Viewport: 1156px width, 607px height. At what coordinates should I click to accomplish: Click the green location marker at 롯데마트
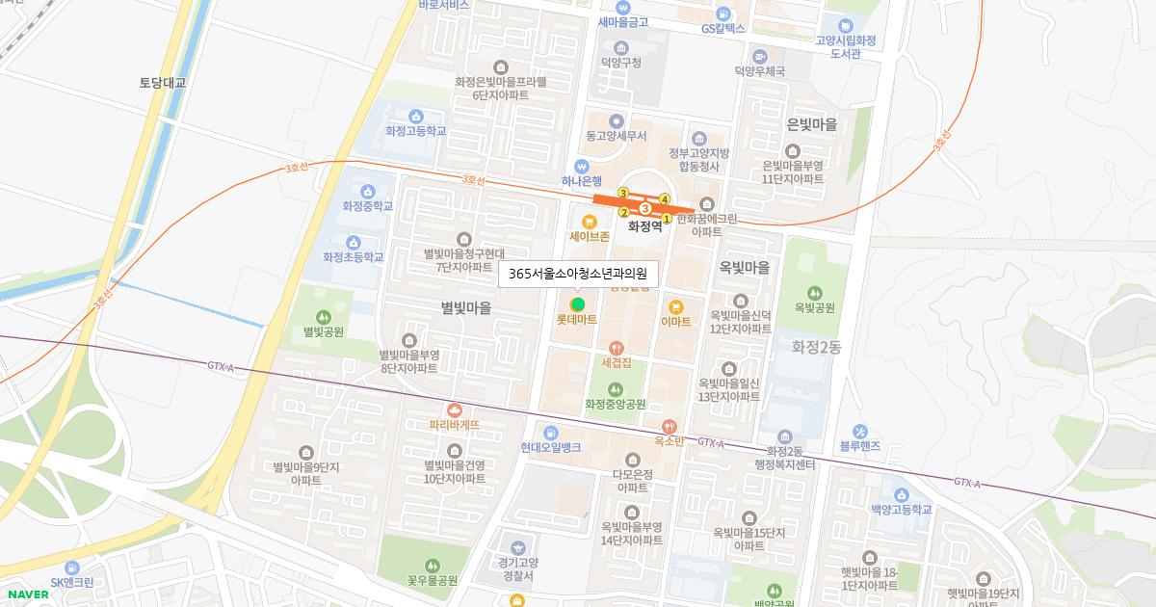tap(578, 304)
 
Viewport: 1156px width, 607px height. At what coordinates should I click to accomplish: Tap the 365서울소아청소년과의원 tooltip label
tap(578, 274)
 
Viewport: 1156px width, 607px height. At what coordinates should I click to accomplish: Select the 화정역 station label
tap(644, 227)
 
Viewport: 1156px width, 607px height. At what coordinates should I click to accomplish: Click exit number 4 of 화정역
tap(665, 199)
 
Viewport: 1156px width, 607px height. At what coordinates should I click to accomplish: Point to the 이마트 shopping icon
tap(675, 306)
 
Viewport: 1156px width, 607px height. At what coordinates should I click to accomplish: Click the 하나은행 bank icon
tap(582, 165)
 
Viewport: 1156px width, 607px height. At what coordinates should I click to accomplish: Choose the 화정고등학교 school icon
tap(415, 116)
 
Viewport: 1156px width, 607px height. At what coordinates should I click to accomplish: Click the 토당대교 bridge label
tap(162, 83)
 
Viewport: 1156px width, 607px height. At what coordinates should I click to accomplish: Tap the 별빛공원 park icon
tap(324, 316)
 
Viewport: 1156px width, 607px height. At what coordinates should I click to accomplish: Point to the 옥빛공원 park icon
tap(815, 293)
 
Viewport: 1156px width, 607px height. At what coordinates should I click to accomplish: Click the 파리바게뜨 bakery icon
tap(454, 409)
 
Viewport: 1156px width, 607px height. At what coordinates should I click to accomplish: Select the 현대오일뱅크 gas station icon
tap(550, 433)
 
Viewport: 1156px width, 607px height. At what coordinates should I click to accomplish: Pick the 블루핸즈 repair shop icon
tap(859, 431)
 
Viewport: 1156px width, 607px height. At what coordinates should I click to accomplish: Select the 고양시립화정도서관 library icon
tap(845, 26)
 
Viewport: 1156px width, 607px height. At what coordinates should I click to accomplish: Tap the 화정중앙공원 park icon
tap(616, 389)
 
